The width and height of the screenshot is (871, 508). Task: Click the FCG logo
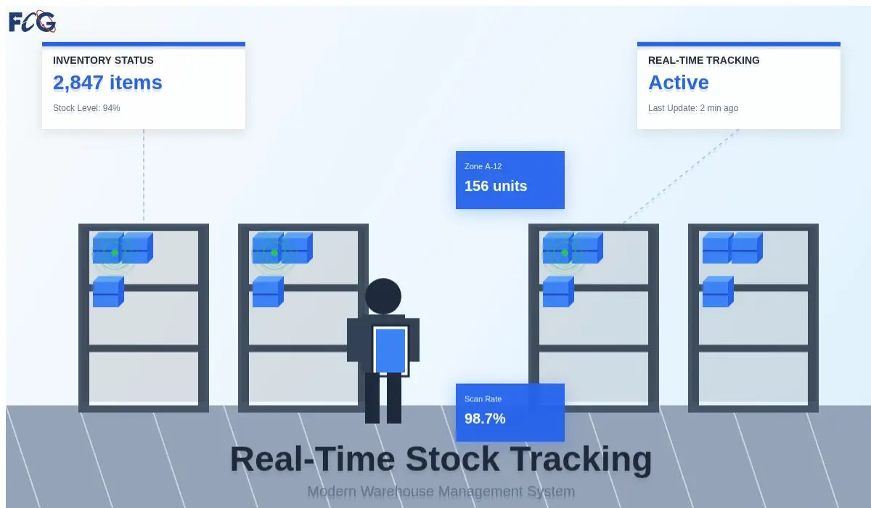pyautogui.click(x=32, y=22)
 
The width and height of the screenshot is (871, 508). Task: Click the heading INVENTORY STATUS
pyautogui.click(x=103, y=60)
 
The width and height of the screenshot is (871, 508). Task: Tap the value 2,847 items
pyautogui.click(x=107, y=83)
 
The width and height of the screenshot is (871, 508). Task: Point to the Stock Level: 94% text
pyautogui.click(x=86, y=108)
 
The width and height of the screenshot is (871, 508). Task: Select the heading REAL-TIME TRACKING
pyautogui.click(x=703, y=60)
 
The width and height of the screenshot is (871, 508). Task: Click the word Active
pyautogui.click(x=678, y=83)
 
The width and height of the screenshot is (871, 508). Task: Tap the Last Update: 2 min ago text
pyautogui.click(x=692, y=108)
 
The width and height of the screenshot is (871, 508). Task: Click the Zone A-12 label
pyautogui.click(x=483, y=166)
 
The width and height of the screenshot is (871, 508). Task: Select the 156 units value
pyautogui.click(x=496, y=186)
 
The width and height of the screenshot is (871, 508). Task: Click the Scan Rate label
pyautogui.click(x=483, y=398)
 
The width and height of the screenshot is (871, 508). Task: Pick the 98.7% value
pyautogui.click(x=485, y=419)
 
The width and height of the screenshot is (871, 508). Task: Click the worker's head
pyautogui.click(x=383, y=296)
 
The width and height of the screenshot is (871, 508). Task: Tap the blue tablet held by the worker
pyautogui.click(x=390, y=350)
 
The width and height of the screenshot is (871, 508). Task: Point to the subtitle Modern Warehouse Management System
pyautogui.click(x=441, y=491)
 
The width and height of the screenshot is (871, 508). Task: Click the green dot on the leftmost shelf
pyautogui.click(x=115, y=253)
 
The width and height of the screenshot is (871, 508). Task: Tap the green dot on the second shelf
pyautogui.click(x=274, y=253)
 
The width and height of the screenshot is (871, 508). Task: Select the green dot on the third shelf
pyautogui.click(x=565, y=253)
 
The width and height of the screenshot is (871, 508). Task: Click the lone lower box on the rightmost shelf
pyautogui.click(x=717, y=291)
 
